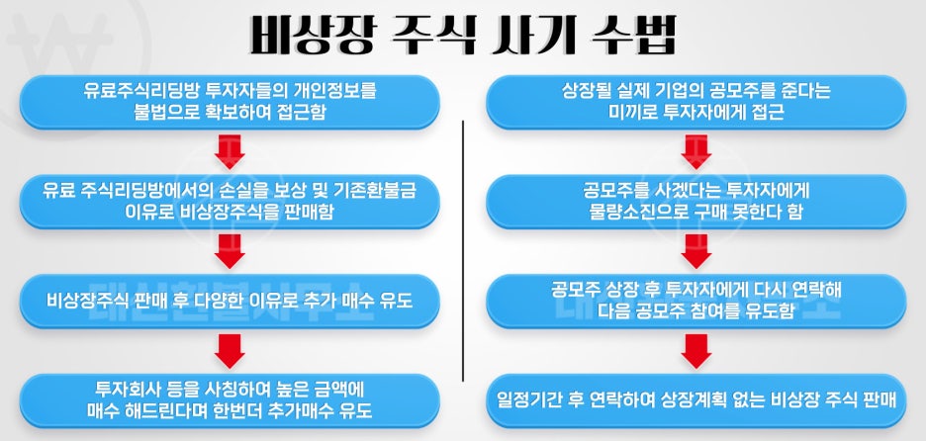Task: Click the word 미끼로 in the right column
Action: (637, 113)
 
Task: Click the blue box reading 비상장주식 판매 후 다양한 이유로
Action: (230, 301)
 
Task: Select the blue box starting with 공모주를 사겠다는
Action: (695, 202)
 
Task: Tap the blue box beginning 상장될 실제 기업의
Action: (695, 102)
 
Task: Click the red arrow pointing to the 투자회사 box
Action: (230, 351)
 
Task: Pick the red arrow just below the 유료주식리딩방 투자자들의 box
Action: (230, 151)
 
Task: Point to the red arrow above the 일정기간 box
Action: (696, 351)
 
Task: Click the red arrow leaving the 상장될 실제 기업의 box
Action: (696, 151)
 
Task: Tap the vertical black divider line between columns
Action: (463, 250)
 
